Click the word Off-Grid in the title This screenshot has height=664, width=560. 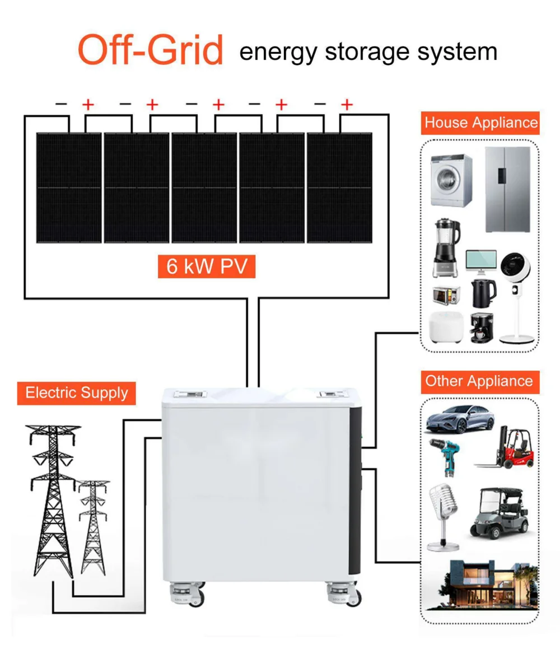[150, 50]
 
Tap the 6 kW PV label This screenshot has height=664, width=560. [207, 265]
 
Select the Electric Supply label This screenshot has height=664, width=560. [77, 392]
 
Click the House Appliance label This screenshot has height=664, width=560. [480, 123]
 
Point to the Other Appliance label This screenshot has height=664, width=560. [479, 381]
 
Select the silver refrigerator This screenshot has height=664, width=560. [507, 189]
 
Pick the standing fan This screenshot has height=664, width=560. [515, 297]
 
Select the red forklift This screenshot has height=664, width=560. [506, 447]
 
